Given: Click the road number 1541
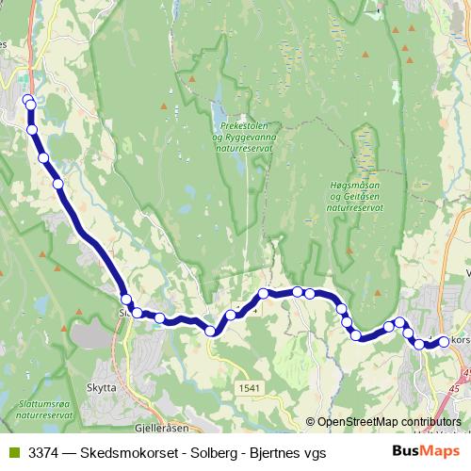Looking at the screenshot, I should coord(250,387).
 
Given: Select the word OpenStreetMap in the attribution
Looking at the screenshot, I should coord(358,423).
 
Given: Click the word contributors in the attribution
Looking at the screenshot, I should coord(432,423).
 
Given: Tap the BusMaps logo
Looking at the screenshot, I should coord(425,452).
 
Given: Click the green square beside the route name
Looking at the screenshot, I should coord(11,453).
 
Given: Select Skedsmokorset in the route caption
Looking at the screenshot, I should coord(122,453).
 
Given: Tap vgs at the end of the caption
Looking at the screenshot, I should coord(314,453).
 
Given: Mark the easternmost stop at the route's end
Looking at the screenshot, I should coord(445,342).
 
